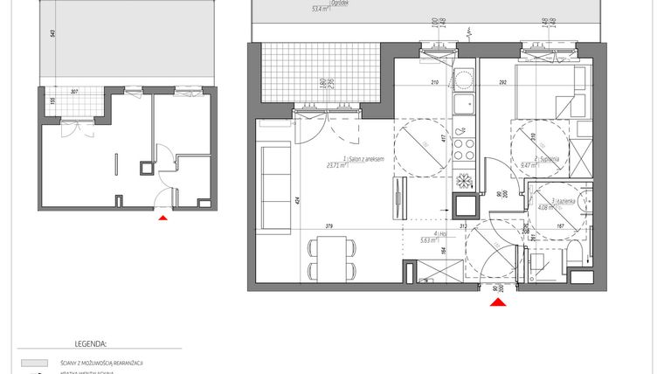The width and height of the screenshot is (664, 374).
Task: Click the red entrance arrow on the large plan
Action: (497, 302)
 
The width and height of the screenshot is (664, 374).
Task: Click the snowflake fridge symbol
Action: (465, 180)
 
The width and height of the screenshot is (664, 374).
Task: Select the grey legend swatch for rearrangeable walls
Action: (33, 362)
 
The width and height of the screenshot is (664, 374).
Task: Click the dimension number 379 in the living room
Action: (329, 226)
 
